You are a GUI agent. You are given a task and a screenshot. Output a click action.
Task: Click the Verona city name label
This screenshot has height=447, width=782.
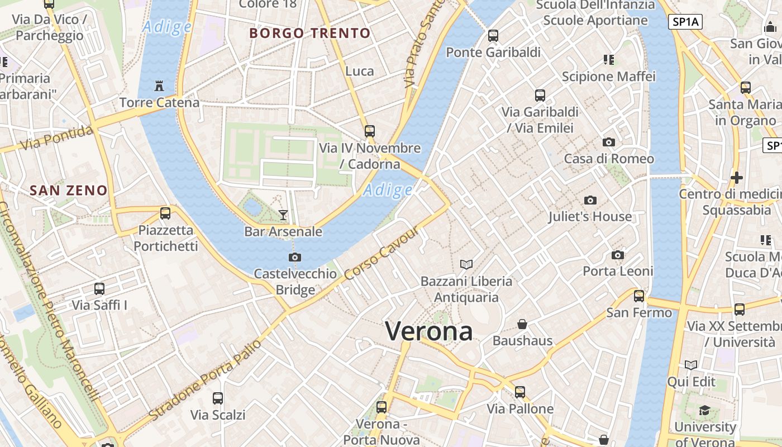429,331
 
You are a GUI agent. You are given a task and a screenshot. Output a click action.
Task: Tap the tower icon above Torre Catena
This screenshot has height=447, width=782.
159,86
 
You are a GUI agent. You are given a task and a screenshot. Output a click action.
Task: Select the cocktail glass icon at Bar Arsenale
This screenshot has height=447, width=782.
283,215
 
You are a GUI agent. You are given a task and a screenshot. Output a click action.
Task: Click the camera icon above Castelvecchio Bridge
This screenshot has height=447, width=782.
295,257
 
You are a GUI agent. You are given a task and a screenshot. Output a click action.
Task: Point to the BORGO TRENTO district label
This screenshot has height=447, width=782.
310,33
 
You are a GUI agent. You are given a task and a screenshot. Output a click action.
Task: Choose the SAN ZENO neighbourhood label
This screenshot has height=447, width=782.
68,190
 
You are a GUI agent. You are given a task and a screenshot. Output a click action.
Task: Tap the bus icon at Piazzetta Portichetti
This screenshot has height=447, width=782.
165,213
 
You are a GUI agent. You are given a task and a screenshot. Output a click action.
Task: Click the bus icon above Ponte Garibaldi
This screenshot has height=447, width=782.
493,36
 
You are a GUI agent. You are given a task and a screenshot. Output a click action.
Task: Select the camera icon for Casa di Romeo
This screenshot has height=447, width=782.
609,142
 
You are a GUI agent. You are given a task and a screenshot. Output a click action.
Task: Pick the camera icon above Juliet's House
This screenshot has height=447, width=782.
590,200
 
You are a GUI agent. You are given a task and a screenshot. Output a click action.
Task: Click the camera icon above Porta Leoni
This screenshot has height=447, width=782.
618,255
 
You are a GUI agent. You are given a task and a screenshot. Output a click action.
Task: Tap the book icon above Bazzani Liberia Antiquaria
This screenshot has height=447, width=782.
466,264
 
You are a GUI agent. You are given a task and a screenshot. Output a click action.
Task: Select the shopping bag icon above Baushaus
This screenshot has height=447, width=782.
522,324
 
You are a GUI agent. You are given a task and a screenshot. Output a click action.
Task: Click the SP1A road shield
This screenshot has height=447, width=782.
685,22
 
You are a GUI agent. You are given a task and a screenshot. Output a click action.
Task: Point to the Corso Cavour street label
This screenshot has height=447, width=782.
382,254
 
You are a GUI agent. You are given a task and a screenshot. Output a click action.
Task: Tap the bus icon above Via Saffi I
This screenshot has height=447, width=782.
99,289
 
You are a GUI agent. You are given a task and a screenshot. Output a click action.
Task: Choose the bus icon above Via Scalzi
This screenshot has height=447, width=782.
218,398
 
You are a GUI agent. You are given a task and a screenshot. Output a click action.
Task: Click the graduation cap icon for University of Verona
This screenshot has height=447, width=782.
704,411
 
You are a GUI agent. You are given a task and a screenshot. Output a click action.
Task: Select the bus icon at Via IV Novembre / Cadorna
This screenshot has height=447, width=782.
369,131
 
